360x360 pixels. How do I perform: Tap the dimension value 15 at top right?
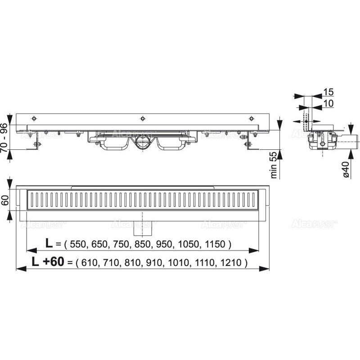328,92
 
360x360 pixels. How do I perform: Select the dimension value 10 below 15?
328,104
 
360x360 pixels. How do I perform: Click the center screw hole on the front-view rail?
142,118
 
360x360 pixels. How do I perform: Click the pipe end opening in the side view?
355,140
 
